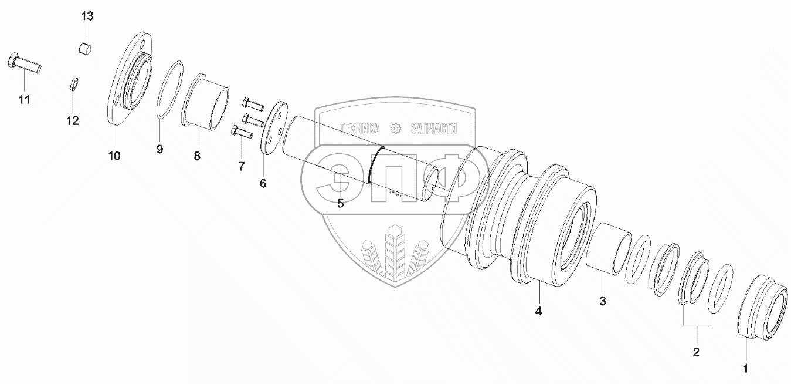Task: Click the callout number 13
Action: (x=87, y=16)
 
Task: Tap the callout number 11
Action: (x=24, y=100)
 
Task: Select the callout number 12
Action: (x=73, y=121)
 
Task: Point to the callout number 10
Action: (x=114, y=156)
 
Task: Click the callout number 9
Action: (x=160, y=149)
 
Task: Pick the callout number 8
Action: (x=197, y=156)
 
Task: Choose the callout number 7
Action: (x=242, y=166)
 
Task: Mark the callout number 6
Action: (x=263, y=184)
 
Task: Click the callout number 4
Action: (x=538, y=311)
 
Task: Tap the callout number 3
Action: (x=603, y=301)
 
